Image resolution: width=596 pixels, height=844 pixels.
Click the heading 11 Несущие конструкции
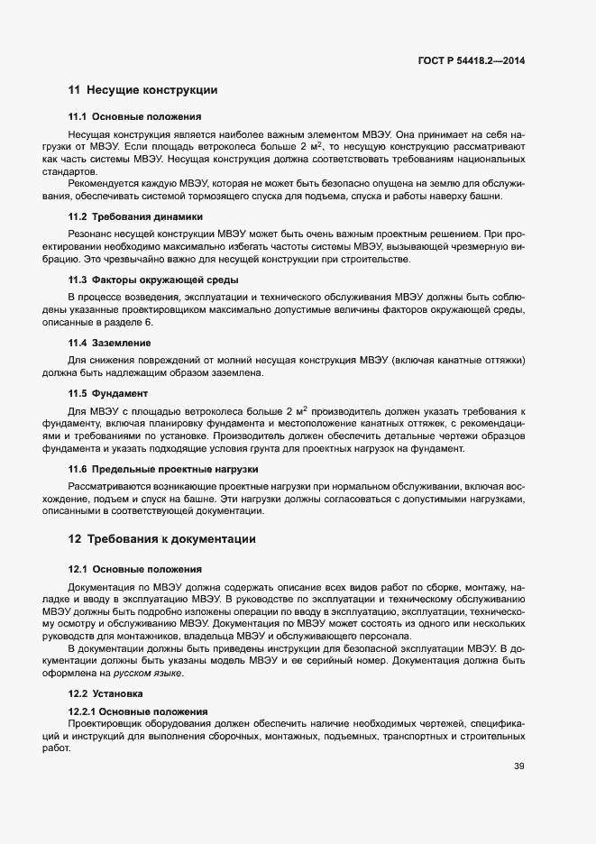coord(142,90)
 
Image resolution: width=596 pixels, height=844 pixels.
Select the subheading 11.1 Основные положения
coord(134,117)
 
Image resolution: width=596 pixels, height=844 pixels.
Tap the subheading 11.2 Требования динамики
coord(135,217)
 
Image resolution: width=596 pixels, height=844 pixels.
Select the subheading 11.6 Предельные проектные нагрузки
coord(163,469)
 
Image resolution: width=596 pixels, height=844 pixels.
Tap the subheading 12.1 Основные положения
coord(134,569)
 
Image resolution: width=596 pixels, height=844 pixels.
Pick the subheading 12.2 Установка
coord(111,693)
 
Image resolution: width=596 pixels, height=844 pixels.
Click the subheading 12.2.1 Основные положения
coord(138,711)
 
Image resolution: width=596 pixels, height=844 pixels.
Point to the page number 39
coord(518,767)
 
